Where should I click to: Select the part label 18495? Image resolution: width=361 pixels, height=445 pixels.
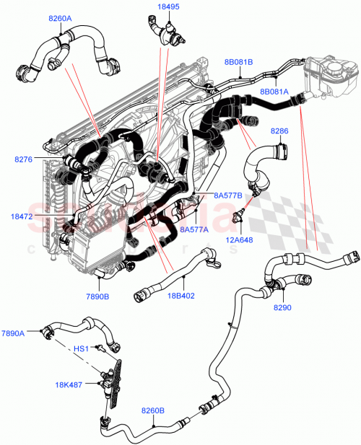[169, 7]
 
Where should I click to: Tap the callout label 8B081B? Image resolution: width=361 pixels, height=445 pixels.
[239, 62]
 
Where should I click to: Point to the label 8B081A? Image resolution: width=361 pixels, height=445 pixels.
[274, 92]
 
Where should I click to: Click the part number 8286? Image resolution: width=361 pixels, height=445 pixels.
[279, 131]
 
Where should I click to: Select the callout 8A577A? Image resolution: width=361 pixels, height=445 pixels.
[193, 229]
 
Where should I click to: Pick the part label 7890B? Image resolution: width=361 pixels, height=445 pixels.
[96, 296]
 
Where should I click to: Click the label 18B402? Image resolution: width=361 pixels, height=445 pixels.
[180, 296]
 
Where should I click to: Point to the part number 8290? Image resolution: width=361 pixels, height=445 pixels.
[282, 307]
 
